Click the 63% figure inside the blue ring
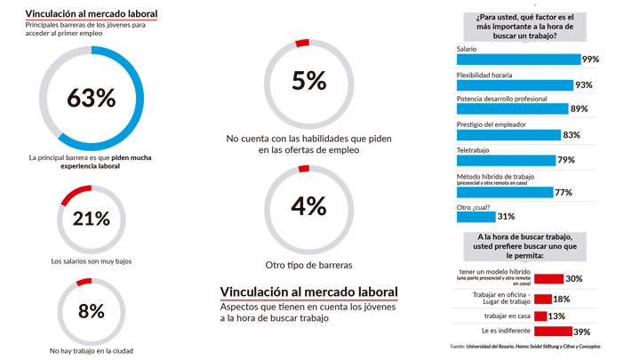click(x=91, y=97)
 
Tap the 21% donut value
click(x=91, y=218)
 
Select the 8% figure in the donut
click(x=91, y=311)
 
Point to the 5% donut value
click(x=308, y=81)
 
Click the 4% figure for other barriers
click(x=308, y=205)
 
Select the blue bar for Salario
click(x=517, y=60)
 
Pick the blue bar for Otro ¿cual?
click(x=476, y=216)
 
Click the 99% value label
click(x=589, y=60)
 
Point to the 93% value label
click(x=584, y=85)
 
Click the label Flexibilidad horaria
click(x=486, y=75)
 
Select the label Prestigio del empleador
click(x=491, y=124)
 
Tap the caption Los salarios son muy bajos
click(x=92, y=261)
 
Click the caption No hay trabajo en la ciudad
click(x=92, y=350)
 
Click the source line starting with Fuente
click(x=524, y=346)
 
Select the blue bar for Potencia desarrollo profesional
click(x=512, y=109)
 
